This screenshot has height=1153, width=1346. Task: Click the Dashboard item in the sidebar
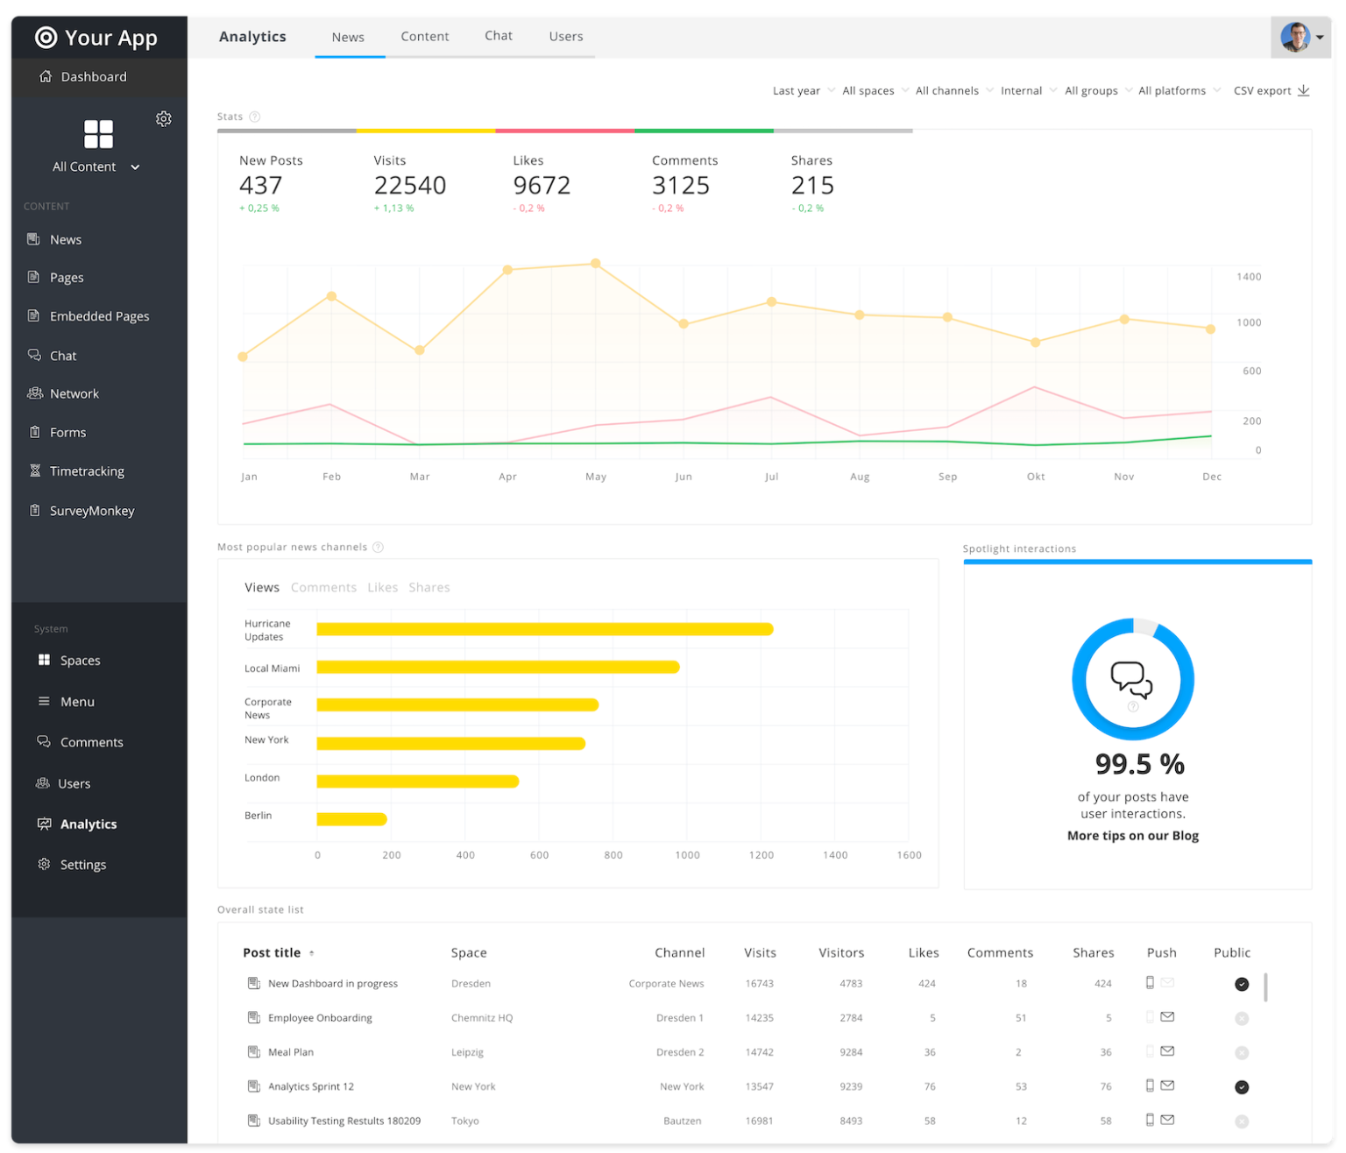pos(93,77)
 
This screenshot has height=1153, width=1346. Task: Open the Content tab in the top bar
pos(424,37)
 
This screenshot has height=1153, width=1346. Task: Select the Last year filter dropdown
pos(802,91)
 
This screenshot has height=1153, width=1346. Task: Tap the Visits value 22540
pos(409,186)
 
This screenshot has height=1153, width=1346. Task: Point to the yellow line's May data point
pos(596,263)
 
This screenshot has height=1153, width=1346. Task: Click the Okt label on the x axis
pos(1036,477)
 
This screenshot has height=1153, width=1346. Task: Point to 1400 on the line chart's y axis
pos(1248,277)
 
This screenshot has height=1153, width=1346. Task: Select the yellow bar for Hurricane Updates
pos(544,629)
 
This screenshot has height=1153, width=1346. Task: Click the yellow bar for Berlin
pos(351,819)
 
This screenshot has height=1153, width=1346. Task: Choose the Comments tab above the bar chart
pos(323,588)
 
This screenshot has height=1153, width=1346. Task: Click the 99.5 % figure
pos(1139,764)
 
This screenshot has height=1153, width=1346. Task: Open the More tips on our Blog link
pos(1132,836)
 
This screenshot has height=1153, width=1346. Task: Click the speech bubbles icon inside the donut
pos(1131,679)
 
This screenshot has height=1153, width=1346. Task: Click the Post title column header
pos(272,953)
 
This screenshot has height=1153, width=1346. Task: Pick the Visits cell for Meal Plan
pos(759,1052)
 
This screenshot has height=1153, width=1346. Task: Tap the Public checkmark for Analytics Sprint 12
pos(1241,1087)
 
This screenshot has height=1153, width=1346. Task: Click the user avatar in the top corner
pos(1294,38)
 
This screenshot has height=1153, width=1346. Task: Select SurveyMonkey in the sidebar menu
pos(91,511)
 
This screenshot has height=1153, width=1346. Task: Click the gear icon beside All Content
pos(164,119)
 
